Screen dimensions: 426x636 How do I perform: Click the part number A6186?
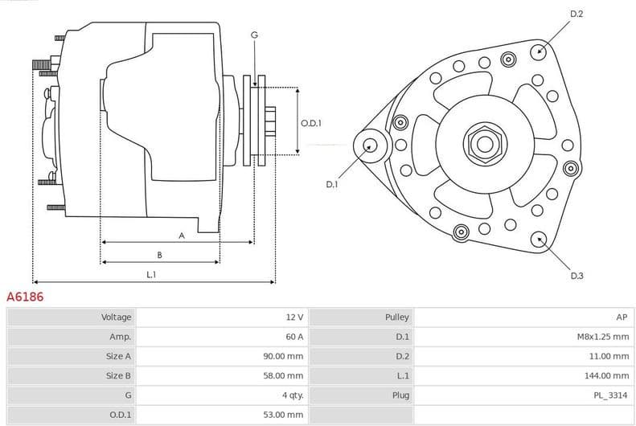point(25,297)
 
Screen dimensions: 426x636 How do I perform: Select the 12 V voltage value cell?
point(293,317)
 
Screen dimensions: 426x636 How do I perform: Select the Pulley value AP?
point(622,317)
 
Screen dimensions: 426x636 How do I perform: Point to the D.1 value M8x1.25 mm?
point(602,337)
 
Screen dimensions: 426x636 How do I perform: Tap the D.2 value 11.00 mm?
point(609,356)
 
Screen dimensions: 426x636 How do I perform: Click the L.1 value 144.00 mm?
point(607,375)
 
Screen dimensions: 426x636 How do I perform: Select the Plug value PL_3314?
point(612,395)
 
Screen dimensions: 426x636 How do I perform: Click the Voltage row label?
point(116,317)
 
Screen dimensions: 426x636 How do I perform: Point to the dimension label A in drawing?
point(182,236)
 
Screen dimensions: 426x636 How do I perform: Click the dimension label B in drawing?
point(159,255)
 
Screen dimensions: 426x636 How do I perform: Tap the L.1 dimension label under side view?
point(151,275)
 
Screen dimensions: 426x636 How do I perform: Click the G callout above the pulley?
point(254,35)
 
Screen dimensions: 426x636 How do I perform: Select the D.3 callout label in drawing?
point(577,276)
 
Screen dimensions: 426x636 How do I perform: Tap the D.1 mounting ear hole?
point(370,145)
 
